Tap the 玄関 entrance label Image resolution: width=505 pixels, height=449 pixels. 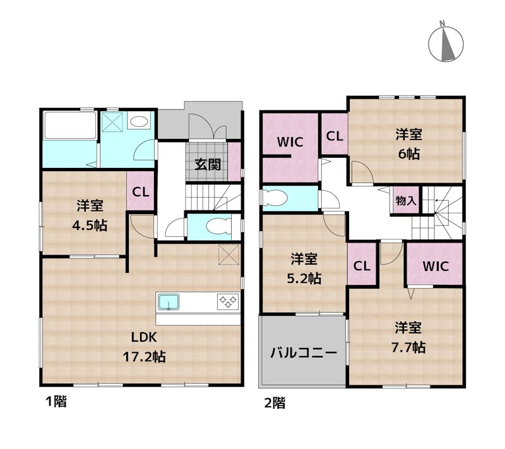pyautogui.click(x=208, y=165)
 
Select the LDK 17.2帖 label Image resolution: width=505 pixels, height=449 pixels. pyautogui.click(x=145, y=347)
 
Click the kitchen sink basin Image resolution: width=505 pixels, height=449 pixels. pyautogui.click(x=168, y=302)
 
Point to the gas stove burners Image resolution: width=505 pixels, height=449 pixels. pyautogui.click(x=228, y=302)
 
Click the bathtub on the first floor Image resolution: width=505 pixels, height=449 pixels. pyautogui.click(x=70, y=126)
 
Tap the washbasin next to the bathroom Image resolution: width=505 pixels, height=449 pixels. pyautogui.click(x=139, y=121)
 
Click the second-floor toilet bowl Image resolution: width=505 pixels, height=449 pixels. pyautogui.click(x=275, y=198)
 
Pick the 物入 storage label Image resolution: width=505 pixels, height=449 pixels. pyautogui.click(x=406, y=201)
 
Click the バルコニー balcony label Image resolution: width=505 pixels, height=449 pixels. pyautogui.click(x=304, y=352)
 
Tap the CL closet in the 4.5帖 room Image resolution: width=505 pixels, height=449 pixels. pyautogui.click(x=141, y=192)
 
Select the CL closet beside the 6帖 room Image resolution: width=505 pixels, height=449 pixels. pyautogui.click(x=335, y=136)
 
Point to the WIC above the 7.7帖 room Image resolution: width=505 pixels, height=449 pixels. pyautogui.click(x=435, y=266)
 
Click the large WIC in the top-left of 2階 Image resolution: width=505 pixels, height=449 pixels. pyautogui.click(x=290, y=148)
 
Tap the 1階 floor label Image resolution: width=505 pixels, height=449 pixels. pyautogui.click(x=56, y=402)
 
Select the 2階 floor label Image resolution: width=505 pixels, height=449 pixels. pyautogui.click(x=275, y=403)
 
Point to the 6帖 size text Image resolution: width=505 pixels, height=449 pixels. pyautogui.click(x=408, y=154)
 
